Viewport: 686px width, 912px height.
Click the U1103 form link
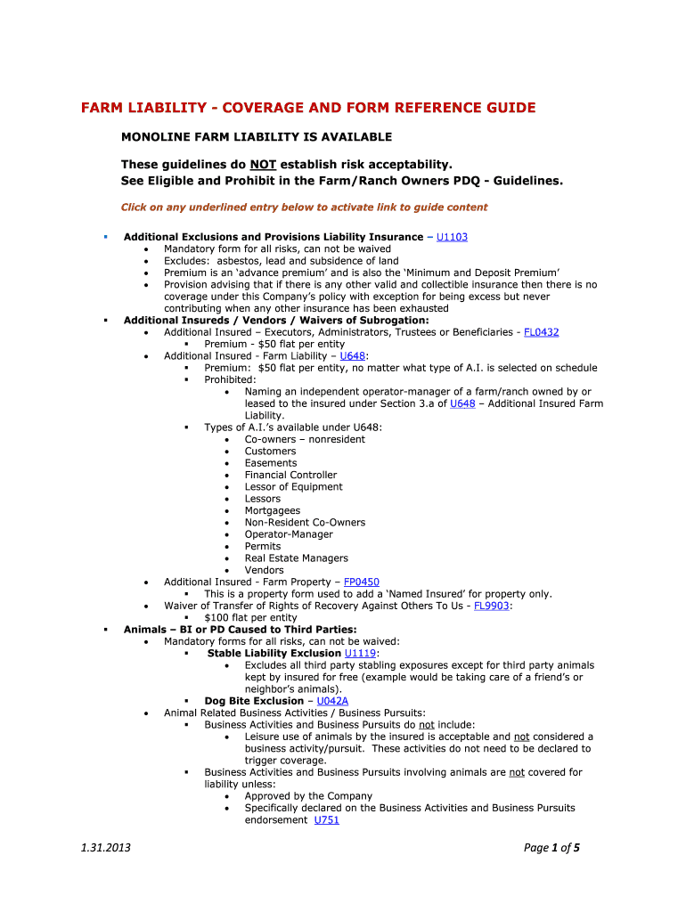[452, 237]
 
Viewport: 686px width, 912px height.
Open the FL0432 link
[542, 332]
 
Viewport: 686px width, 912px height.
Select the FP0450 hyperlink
[362, 582]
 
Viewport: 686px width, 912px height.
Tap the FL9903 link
[492, 606]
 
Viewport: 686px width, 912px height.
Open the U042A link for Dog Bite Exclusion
[332, 701]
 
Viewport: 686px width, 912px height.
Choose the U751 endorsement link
[327, 820]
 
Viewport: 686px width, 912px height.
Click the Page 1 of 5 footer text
[551, 848]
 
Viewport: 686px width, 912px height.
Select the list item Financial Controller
[290, 475]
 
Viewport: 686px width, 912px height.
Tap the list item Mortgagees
[273, 511]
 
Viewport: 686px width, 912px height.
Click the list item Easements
[271, 463]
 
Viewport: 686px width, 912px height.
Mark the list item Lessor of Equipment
[294, 487]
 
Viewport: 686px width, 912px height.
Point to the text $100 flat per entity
[251, 618]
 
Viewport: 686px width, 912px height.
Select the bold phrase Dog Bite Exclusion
[254, 701]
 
